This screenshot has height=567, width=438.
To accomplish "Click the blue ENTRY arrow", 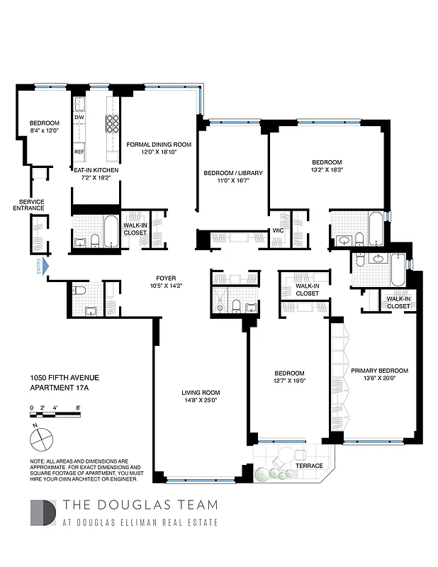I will click(x=45, y=266).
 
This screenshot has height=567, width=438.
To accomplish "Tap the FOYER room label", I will click(x=166, y=279).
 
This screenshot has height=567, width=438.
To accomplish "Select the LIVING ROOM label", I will click(x=201, y=393).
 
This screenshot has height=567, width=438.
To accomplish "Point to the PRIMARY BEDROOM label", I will click(x=380, y=371).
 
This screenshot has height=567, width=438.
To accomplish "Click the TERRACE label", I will click(x=310, y=466).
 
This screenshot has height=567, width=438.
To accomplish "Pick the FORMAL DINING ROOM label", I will click(x=159, y=144).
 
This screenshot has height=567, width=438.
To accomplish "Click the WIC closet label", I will click(x=279, y=230).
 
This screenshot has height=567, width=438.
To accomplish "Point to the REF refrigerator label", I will click(x=79, y=152).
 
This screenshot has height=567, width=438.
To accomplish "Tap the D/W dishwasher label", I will click(x=79, y=118).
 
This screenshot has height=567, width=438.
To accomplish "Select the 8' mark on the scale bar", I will click(x=77, y=408).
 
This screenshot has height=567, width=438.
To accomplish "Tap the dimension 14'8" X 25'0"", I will click(x=201, y=402).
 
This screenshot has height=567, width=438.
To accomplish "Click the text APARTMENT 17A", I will click(x=58, y=388).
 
